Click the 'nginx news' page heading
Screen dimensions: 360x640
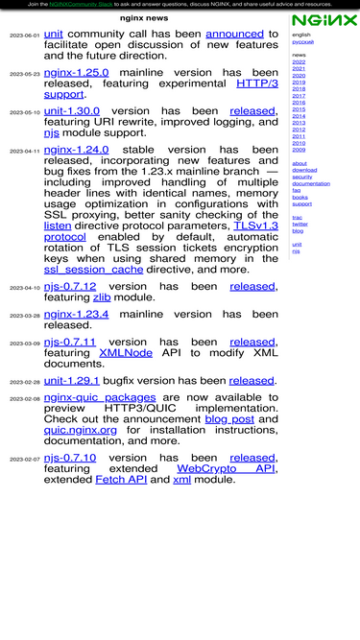tap(144, 18)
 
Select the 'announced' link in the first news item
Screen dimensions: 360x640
tap(234, 34)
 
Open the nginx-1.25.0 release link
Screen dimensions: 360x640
tap(76, 72)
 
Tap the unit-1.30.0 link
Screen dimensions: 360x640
tap(71, 111)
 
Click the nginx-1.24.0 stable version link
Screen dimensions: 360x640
tap(76, 151)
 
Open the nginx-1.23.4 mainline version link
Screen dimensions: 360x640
tap(76, 314)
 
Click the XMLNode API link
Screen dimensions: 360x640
tap(126, 353)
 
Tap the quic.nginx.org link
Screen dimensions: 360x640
tap(81, 430)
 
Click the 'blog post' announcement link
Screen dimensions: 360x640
tap(229, 419)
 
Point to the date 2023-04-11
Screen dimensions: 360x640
tap(25, 152)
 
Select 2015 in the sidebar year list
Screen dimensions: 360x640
tap(299, 109)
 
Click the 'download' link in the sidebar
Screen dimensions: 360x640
tap(304, 170)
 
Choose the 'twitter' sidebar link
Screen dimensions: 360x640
tap(300, 224)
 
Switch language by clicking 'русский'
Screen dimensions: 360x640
tap(302, 41)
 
